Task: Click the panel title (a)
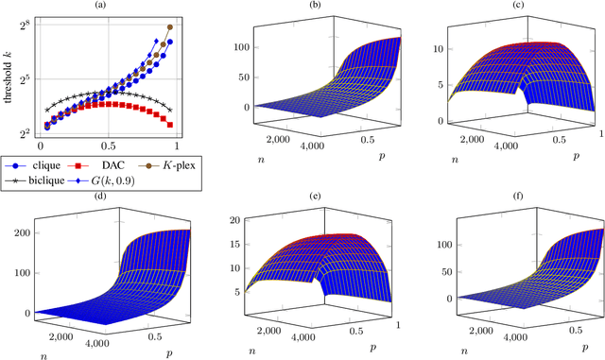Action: (x=105, y=6)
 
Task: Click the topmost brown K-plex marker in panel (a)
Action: (x=170, y=27)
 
